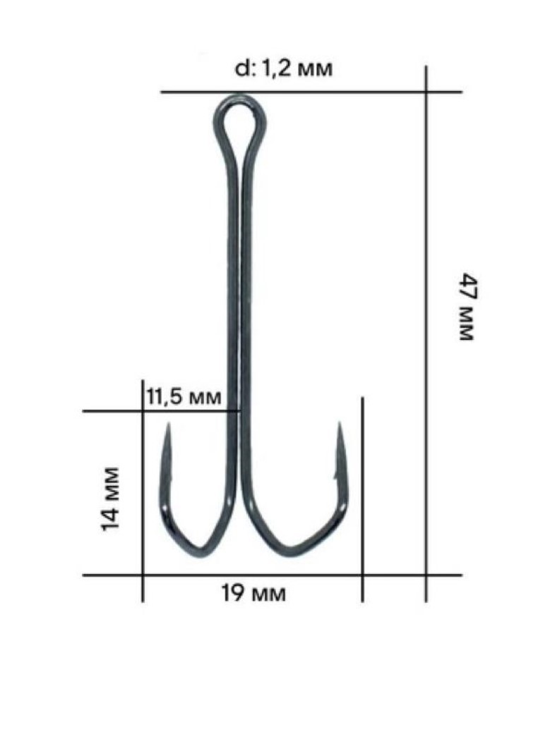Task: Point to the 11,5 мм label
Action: click(x=183, y=396)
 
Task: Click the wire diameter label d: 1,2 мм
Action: click(x=282, y=69)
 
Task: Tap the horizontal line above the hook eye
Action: click(x=311, y=92)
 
